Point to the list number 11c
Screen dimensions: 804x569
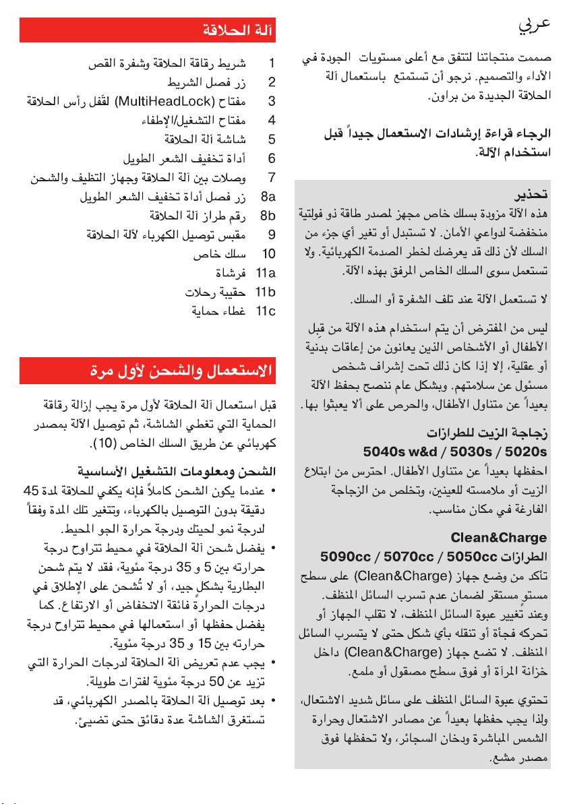[x=266, y=311]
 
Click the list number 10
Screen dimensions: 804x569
[x=269, y=254]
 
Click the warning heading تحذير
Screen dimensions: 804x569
[x=531, y=195]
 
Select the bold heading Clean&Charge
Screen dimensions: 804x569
[x=508, y=538]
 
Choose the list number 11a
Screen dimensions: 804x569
[x=266, y=274]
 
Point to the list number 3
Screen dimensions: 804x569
[x=272, y=102]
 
